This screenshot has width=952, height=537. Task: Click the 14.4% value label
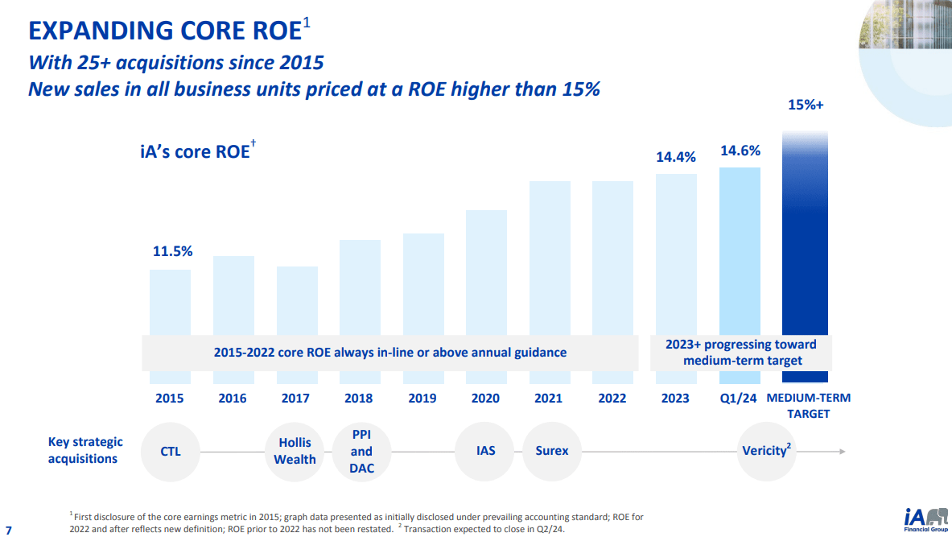tap(676, 157)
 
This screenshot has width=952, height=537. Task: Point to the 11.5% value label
tap(173, 251)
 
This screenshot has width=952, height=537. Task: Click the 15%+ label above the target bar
tap(805, 105)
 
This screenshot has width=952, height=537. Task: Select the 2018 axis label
tap(359, 398)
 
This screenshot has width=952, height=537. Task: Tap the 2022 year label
tap(612, 398)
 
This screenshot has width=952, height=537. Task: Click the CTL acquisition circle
tap(171, 451)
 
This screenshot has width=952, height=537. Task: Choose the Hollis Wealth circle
tap(295, 451)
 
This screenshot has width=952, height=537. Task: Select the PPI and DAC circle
tap(361, 451)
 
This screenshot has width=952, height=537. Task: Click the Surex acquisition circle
tap(552, 451)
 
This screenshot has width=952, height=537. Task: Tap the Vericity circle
tap(766, 451)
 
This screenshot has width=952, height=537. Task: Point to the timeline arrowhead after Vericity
tap(842, 452)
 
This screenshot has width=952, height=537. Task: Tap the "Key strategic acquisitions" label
tap(85, 450)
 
